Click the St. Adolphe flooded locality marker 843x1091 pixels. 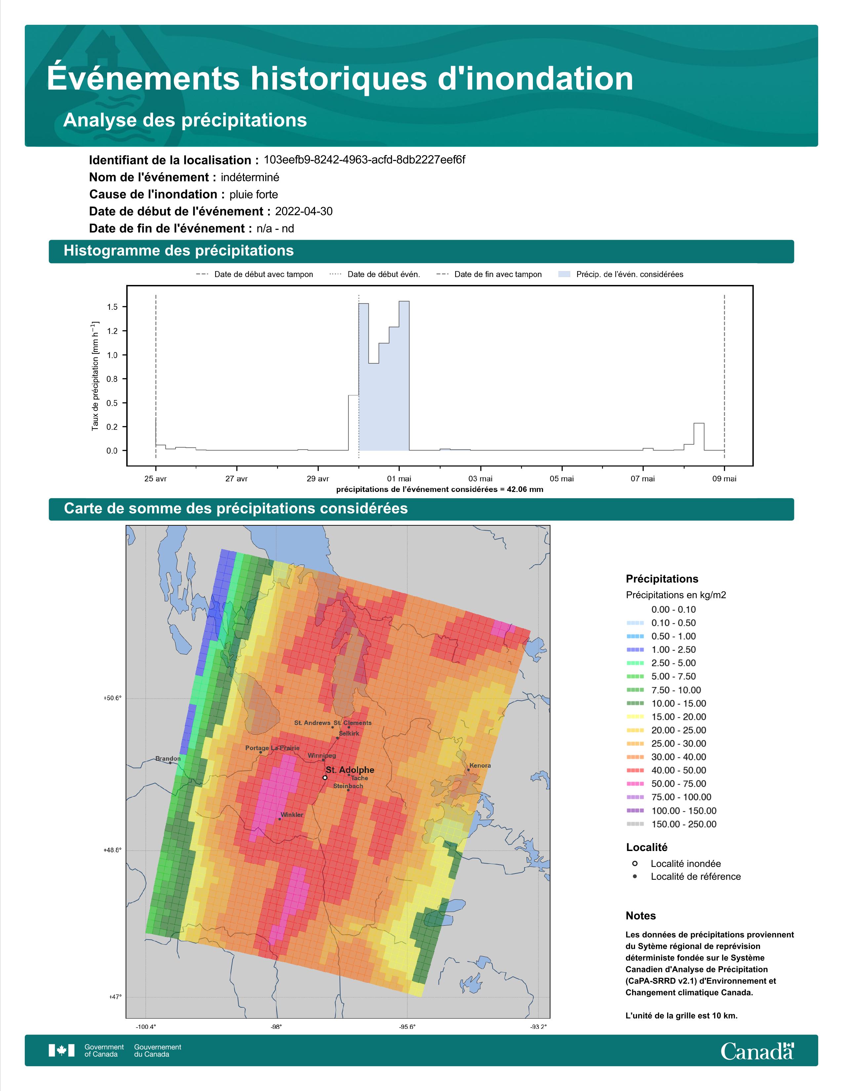pyautogui.click(x=325, y=778)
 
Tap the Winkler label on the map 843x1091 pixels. pyautogui.click(x=292, y=815)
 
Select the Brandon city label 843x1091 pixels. pyautogui.click(x=168, y=758)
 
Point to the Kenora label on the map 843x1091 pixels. pyautogui.click(x=480, y=765)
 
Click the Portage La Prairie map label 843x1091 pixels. pyautogui.click(x=272, y=748)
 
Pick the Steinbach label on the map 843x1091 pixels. pyautogui.click(x=348, y=786)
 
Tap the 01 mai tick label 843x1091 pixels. pyautogui.click(x=399, y=479)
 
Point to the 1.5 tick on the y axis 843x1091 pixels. pyautogui.click(x=112, y=307)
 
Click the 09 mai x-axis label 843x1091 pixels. pyautogui.click(x=724, y=479)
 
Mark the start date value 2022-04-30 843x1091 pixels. pyautogui.click(x=303, y=211)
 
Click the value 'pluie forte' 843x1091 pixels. pyautogui.click(x=254, y=194)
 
